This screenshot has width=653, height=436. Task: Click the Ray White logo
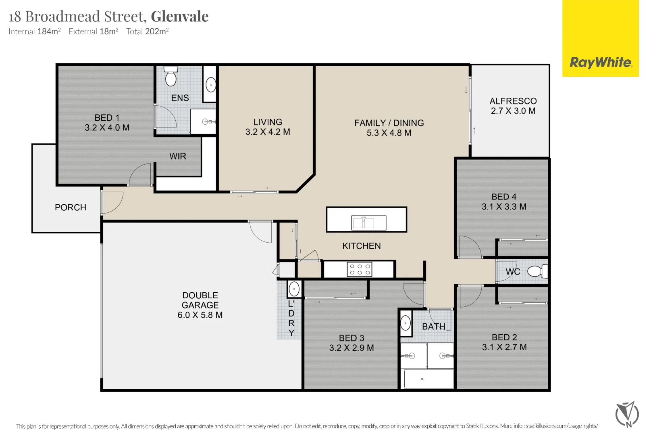(x=601, y=63)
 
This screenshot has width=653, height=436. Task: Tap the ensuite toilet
(x=171, y=75)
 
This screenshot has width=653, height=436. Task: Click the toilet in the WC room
(x=538, y=271)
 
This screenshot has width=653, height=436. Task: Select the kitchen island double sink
(x=369, y=223)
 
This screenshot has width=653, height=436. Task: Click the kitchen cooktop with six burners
(x=360, y=269)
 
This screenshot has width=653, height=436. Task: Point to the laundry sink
(x=294, y=289)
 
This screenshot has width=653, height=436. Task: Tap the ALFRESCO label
(x=513, y=101)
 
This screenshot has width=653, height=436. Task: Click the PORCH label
(x=71, y=208)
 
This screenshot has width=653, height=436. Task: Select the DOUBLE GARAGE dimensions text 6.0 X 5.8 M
(x=200, y=315)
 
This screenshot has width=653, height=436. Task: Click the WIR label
(x=178, y=156)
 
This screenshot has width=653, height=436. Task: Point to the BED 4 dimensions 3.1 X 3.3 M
(x=504, y=207)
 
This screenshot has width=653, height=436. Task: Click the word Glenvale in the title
(x=180, y=17)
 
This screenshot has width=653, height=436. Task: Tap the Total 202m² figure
(x=148, y=31)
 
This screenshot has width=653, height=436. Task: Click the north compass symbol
(x=627, y=415)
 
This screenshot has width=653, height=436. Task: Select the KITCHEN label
(x=362, y=246)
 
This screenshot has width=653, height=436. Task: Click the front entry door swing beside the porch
(x=112, y=202)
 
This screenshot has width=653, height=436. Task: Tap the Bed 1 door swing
(x=140, y=174)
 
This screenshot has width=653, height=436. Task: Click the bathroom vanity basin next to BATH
(x=406, y=323)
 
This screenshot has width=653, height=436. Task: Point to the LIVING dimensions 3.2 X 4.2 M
(x=268, y=132)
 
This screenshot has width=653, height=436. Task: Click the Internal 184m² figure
(x=35, y=31)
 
